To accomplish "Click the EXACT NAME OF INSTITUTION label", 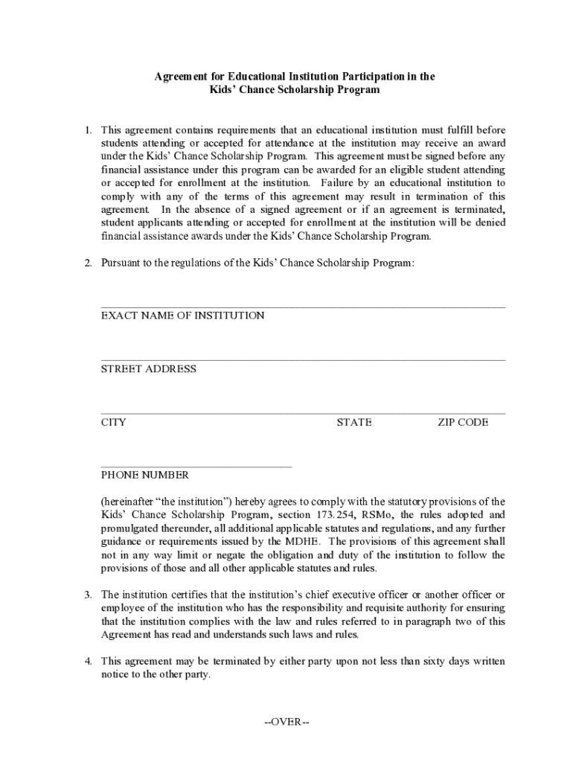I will tap(182, 316).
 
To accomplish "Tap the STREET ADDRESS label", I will tap(149, 369).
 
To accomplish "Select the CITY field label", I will tap(114, 423).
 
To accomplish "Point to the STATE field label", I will tap(354, 423).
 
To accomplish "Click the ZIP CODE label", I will tap(463, 423).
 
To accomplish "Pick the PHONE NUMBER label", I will tap(145, 475).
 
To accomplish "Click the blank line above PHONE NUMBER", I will tap(196, 467).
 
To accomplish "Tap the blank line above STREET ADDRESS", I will tap(303, 360).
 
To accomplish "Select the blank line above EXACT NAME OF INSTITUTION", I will tap(303, 307).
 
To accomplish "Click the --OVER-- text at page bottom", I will tap(286, 722).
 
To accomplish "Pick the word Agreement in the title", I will tap(181, 77).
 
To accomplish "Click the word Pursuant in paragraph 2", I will tap(120, 263).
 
